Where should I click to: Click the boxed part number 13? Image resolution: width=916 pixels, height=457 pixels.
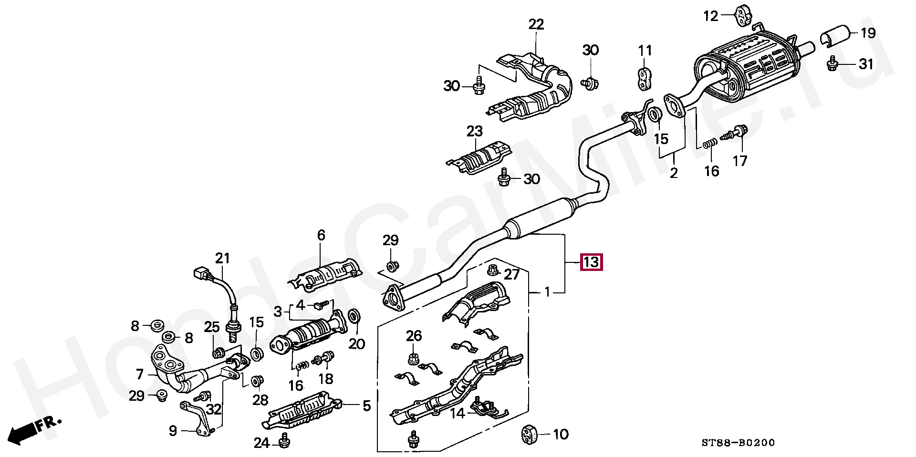591,262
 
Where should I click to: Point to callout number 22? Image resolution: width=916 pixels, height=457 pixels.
536,24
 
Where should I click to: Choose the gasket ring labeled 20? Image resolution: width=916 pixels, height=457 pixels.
354,316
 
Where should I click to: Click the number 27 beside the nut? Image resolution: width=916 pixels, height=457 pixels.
511,275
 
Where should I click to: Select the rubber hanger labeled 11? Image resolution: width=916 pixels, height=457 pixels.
645,79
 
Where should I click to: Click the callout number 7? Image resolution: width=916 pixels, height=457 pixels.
139,374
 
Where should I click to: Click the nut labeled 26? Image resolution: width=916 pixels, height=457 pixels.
413,359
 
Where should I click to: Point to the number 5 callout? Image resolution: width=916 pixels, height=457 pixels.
366,406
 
